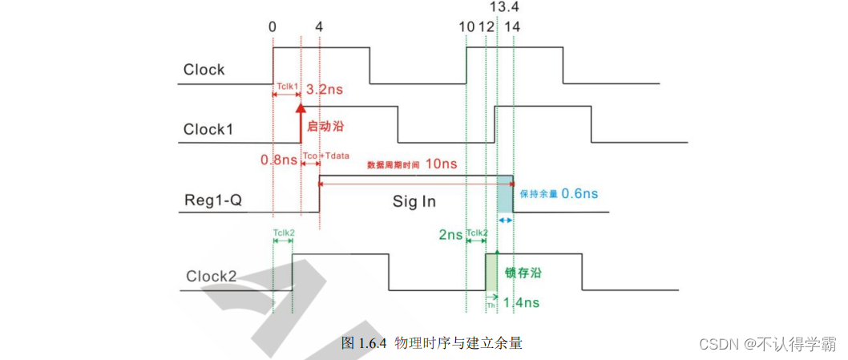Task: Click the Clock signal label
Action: pos(204,70)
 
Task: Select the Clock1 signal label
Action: pos(208,129)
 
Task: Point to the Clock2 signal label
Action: pos(212,277)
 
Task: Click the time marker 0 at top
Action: pos(273,26)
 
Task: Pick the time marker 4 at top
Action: pos(319,26)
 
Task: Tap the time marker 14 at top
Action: pos(512,26)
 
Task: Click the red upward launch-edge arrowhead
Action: pos(301,109)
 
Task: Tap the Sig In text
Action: pos(414,201)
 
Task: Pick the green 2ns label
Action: pos(450,235)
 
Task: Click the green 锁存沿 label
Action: pos(523,273)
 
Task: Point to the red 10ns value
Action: pos(441,164)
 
